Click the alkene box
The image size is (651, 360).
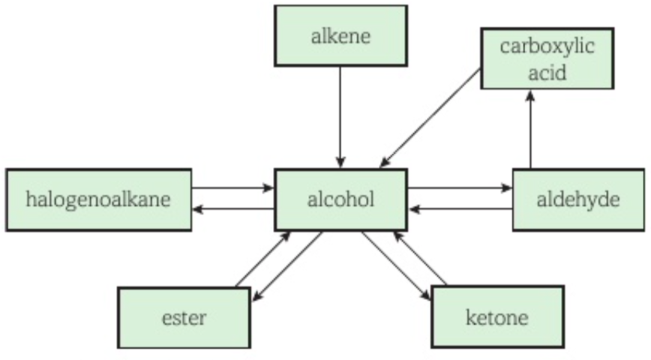coord(340,35)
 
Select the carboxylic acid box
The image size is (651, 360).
coord(547,58)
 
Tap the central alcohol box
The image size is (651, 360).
coord(340,199)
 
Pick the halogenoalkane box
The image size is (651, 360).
coord(98,199)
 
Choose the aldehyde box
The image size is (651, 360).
coord(578,199)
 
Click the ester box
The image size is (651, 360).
coord(184,317)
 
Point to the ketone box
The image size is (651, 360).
coord(496,316)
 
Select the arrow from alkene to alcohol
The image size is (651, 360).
coord(340,116)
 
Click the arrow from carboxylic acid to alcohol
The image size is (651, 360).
coord(430,117)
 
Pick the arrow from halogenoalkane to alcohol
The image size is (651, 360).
coord(233,188)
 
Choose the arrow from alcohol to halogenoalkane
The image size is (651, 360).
coord(233,208)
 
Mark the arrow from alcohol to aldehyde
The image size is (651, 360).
coord(460,188)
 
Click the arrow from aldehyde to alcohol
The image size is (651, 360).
coord(460,208)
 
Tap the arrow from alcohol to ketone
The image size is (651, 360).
coord(396,266)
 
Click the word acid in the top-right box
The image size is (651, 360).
coord(547,73)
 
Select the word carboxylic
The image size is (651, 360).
coord(547,46)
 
